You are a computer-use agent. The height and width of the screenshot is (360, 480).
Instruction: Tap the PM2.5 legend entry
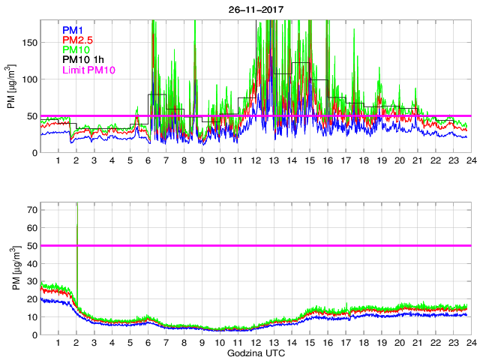(x=77, y=40)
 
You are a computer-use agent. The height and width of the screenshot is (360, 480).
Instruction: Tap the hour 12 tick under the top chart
(x=255, y=161)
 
